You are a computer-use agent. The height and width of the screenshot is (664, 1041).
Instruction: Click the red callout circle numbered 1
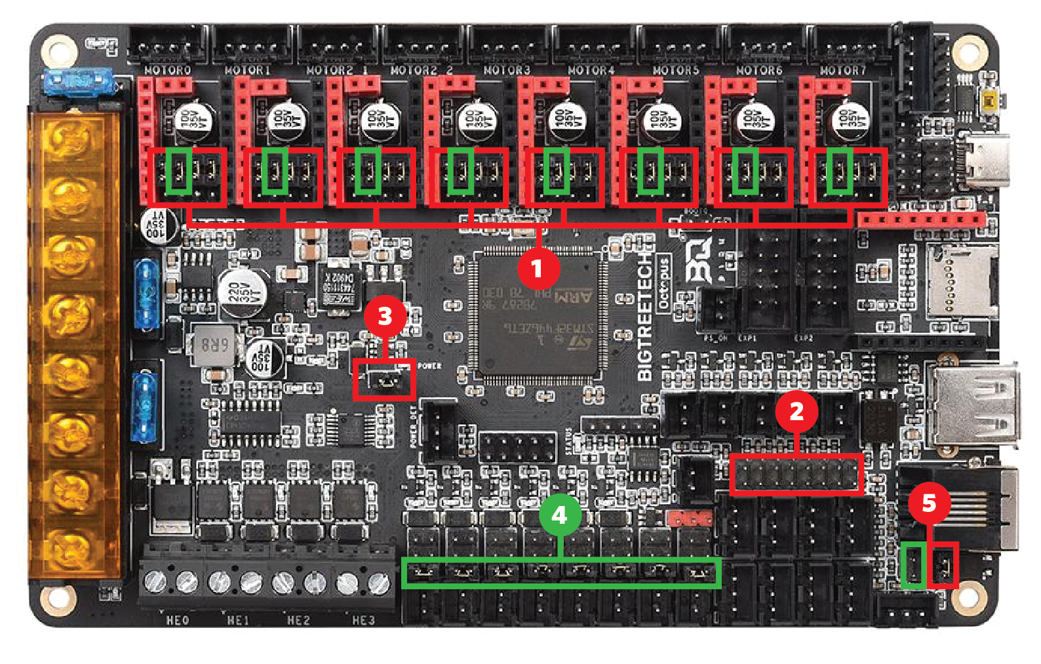coord(538,268)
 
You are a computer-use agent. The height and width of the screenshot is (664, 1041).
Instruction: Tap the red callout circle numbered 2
coord(796,412)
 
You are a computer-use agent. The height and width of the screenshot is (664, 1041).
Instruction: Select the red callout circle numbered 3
coord(385,316)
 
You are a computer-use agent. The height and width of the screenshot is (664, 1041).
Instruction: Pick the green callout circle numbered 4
coord(559,515)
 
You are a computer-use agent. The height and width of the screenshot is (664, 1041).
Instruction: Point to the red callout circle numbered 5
coord(929,503)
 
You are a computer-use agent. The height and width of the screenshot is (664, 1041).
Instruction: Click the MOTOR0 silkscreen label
coord(168,70)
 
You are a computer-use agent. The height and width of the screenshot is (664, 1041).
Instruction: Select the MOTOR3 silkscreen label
coord(506,70)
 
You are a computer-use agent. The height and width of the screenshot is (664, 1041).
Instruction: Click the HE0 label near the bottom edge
coord(178,620)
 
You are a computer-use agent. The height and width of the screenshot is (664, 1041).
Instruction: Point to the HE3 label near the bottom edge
coord(364,620)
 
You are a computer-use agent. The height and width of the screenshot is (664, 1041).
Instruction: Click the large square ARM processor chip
coord(538,315)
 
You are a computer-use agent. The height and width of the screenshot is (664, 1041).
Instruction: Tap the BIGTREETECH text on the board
coord(646,315)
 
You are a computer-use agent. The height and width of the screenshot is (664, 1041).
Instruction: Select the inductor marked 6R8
coord(214,345)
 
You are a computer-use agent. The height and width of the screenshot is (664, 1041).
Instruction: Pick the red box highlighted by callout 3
coord(384,380)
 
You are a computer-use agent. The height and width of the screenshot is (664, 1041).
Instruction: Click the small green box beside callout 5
coord(913,565)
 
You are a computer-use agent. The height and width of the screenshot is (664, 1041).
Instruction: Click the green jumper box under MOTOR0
coord(178,172)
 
